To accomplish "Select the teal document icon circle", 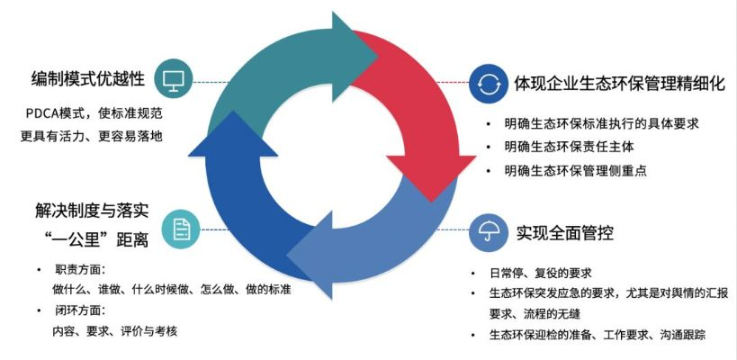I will [181, 231].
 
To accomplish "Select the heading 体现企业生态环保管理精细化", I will [619, 83].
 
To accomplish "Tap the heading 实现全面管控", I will [564, 233].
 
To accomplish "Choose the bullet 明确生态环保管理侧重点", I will [576, 169].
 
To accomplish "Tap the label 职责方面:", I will [80, 269].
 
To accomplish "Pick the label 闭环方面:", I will [80, 310].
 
